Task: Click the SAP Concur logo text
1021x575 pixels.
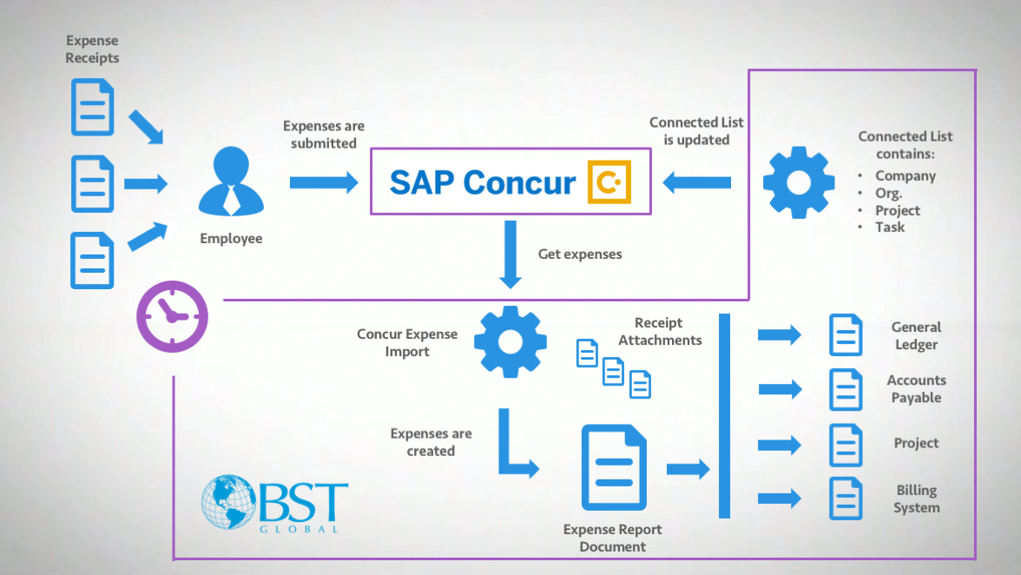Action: point(483,182)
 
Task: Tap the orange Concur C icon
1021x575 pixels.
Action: point(609,182)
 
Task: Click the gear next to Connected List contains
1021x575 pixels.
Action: point(798,182)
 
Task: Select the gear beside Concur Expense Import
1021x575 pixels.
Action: point(510,341)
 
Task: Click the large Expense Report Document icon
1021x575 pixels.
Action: point(614,467)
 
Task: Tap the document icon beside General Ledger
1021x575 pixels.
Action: point(846,334)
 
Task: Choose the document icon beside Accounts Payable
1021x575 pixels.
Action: point(846,389)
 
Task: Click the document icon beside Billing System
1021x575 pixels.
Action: point(846,499)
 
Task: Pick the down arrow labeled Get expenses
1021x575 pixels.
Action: point(510,254)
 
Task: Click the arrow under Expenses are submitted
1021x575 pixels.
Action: point(323,182)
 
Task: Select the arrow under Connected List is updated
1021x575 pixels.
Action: point(696,182)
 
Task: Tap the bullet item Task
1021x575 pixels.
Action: point(890,227)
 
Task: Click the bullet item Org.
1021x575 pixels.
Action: point(888,193)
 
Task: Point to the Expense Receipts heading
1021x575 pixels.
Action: point(92,50)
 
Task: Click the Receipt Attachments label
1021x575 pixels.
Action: point(660,332)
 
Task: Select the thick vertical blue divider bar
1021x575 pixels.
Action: point(725,416)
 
